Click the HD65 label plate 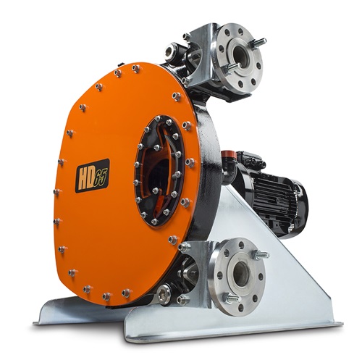coord(93,175)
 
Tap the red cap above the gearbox coord(227,154)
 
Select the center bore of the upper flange coord(240,54)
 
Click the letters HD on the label coord(86,178)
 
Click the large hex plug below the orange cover coord(164,293)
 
